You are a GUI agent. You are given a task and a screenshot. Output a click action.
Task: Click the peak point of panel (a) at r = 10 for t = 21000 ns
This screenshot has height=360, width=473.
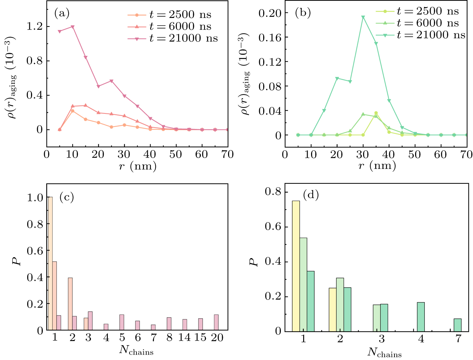tap(73, 27)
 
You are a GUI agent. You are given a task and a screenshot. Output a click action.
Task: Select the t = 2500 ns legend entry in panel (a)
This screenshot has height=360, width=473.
tap(169, 15)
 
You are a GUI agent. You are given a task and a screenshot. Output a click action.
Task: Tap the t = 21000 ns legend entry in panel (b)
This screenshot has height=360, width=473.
tap(420, 35)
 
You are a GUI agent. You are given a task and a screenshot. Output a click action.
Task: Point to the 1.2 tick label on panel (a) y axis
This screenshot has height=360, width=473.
tap(34, 27)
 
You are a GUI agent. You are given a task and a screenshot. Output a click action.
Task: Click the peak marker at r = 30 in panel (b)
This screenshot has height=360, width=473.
tap(363, 17)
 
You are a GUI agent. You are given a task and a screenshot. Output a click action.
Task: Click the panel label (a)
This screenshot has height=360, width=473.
tap(62, 13)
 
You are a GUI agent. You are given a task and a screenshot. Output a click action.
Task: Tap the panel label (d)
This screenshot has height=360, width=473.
tap(311, 195)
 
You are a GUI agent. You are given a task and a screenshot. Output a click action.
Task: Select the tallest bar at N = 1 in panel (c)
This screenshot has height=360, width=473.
tap(50, 264)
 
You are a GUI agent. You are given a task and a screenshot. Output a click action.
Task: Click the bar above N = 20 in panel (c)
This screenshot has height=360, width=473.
tap(216, 322)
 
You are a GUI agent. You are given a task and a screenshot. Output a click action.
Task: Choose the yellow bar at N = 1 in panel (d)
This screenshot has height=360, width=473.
tap(296, 266)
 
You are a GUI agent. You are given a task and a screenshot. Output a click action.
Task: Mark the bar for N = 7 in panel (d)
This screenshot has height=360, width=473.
tap(457, 325)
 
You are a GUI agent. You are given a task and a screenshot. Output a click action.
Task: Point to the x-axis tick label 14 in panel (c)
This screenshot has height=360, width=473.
tap(184, 337)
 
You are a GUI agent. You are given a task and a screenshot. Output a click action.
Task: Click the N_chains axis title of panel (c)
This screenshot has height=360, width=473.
tap(136, 350)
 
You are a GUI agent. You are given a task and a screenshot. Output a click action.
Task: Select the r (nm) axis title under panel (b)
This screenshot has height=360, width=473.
tap(377, 166)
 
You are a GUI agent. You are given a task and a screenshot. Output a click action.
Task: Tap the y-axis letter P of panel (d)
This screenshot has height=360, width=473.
tap(254, 261)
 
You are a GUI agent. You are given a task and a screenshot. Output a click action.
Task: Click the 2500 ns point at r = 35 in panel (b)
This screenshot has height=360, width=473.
tap(376, 113)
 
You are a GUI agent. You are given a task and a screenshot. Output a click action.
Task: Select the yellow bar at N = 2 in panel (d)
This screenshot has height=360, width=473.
tap(332, 310)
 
